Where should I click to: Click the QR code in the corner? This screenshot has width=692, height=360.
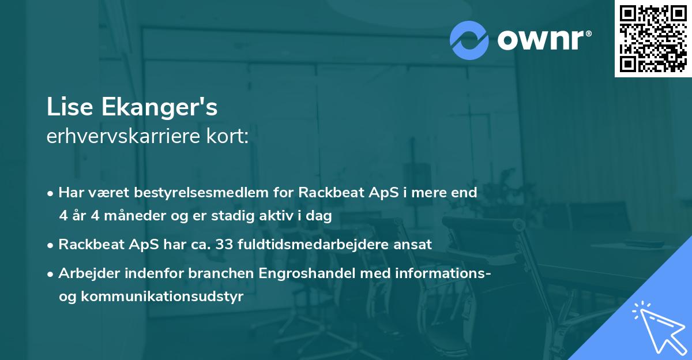click(653, 38)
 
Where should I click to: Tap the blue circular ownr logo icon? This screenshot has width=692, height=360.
click(469, 39)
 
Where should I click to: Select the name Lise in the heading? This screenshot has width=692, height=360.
click(67, 107)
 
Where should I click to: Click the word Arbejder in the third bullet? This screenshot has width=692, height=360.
click(86, 273)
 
